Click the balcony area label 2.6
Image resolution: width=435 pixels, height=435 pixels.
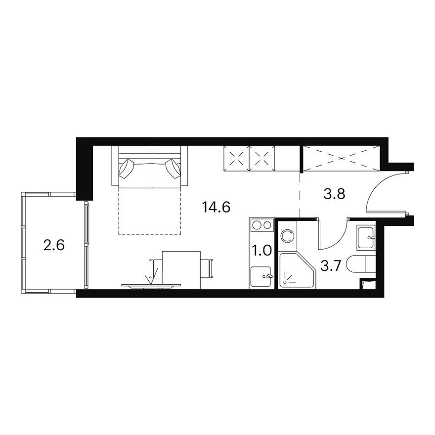[54, 245]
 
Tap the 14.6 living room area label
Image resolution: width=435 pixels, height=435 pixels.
[217, 207]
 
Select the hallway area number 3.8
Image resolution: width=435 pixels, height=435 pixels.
[334, 194]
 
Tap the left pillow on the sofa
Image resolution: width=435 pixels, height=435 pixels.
[127, 168]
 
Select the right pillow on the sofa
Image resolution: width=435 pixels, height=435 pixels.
[174, 168]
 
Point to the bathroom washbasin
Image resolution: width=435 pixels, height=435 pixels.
[366, 238]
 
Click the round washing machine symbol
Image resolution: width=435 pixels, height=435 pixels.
[287, 236]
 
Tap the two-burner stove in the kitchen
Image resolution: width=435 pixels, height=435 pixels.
[261, 225]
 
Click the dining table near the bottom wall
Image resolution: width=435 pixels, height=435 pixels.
[181, 269]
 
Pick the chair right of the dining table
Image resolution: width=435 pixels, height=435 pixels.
[207, 268]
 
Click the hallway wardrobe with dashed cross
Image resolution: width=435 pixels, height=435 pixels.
[341, 158]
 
